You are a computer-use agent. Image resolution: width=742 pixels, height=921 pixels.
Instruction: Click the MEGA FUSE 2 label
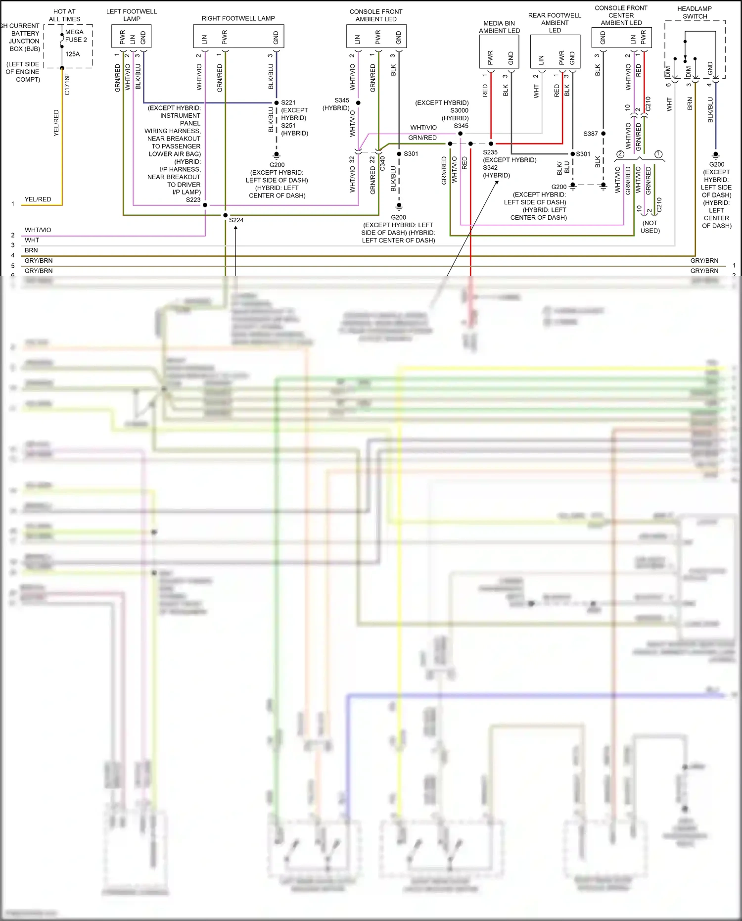pos(76,36)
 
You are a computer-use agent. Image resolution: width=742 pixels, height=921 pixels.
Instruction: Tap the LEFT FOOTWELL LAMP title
pos(132,15)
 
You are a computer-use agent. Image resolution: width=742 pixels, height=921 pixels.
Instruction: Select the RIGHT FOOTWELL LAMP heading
pos(238,18)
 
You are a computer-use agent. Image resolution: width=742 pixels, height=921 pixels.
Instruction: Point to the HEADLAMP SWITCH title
pos(695,12)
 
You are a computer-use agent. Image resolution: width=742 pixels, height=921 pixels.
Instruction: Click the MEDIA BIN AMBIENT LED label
pos(499,27)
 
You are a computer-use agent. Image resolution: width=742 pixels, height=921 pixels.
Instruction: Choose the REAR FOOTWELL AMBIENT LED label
pos(555,23)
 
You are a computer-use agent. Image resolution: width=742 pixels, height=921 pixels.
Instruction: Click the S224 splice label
pos(236,220)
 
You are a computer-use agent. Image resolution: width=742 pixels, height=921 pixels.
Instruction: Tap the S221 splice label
pos(288,103)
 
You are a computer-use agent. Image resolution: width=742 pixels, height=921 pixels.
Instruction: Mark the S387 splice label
pos(590,134)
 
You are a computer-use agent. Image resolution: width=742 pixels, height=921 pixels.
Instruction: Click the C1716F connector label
pos(67,85)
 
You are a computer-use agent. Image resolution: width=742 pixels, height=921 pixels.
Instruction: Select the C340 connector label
pos(382,164)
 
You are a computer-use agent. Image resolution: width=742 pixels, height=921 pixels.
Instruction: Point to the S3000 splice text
pos(459,110)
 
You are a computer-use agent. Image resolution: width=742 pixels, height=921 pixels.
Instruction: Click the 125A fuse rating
pos(72,54)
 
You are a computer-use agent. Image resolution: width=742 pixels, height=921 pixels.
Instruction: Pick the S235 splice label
pos(490,152)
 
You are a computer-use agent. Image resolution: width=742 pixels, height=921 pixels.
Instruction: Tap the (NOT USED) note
pos(650,227)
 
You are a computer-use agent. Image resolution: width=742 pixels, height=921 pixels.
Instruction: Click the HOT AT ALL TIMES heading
pos(64,15)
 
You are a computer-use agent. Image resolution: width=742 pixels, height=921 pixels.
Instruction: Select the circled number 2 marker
pos(620,154)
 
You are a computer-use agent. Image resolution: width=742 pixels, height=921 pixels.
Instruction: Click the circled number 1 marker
pos(658,154)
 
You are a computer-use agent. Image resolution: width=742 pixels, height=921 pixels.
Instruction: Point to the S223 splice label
pos(193,200)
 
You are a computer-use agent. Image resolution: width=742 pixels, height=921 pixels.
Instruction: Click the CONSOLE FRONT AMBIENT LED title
pos(376,15)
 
